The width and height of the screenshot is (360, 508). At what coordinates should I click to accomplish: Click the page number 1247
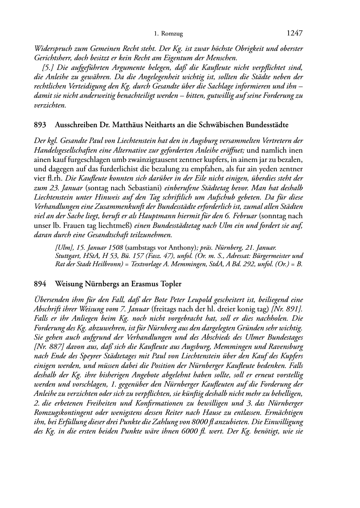[295, 33]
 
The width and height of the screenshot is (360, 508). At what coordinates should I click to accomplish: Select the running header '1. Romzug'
[168, 34]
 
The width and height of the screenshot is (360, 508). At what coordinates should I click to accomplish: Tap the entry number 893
[40, 125]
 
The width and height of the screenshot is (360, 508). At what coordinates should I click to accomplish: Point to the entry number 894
[40, 284]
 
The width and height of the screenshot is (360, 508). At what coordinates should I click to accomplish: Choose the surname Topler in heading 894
[170, 284]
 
